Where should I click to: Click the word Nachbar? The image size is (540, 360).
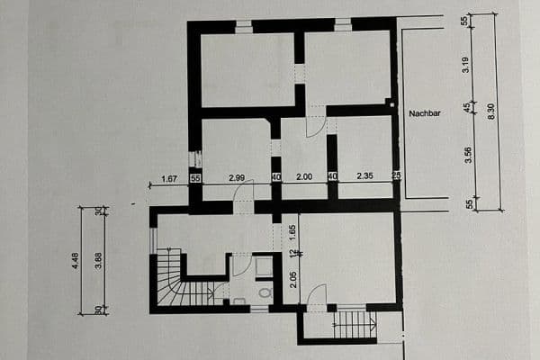point(423,114)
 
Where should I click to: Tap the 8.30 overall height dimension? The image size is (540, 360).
point(490,112)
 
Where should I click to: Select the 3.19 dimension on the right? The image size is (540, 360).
point(466,64)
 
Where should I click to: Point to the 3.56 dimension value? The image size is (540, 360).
point(466,155)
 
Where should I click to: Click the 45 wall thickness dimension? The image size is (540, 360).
point(466,107)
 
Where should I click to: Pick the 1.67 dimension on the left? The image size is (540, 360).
point(168,178)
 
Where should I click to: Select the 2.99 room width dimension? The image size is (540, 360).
point(237,178)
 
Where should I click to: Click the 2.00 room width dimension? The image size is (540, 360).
point(304,178)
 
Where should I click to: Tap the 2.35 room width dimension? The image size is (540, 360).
point(364,178)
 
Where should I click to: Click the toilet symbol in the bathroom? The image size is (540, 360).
point(265,292)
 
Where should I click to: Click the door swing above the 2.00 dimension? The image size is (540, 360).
point(315,124)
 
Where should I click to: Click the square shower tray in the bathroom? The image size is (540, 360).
point(264,265)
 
